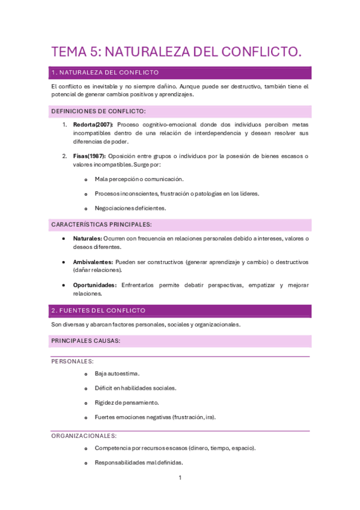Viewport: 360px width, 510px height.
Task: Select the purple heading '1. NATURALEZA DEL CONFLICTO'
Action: tap(105, 73)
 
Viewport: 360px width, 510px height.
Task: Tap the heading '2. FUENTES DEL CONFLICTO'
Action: tap(99, 310)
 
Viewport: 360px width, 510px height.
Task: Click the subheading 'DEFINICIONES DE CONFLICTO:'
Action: tap(99, 111)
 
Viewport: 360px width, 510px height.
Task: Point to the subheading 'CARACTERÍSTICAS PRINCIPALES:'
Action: tap(102, 224)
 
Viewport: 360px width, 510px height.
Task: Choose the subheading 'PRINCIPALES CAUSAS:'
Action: tap(86, 341)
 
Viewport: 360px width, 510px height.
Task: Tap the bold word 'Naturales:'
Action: tap(87, 239)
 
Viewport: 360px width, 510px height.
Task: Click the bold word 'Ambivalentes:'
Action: tap(93, 262)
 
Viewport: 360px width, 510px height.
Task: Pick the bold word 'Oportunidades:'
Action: tap(95, 285)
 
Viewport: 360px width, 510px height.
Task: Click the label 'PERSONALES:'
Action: tap(72, 361)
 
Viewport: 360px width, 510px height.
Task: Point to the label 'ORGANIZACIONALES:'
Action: tap(84, 435)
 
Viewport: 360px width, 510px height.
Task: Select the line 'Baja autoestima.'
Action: tap(117, 373)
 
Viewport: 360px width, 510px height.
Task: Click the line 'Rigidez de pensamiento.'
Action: tap(127, 402)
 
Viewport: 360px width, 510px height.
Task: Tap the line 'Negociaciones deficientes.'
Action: tap(130, 208)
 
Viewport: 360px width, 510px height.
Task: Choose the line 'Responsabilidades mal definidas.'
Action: tap(139, 462)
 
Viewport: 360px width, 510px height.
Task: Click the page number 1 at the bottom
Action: tap(180, 478)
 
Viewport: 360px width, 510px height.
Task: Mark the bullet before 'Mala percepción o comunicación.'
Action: tap(86, 179)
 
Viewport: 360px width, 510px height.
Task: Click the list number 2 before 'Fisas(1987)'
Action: tap(65, 156)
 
